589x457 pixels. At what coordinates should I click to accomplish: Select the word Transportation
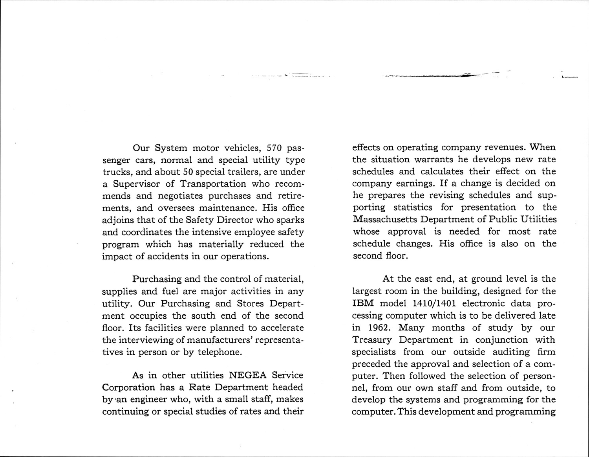tap(213, 184)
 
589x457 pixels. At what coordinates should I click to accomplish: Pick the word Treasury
tap(372, 340)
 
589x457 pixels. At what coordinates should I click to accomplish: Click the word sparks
tap(291, 220)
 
